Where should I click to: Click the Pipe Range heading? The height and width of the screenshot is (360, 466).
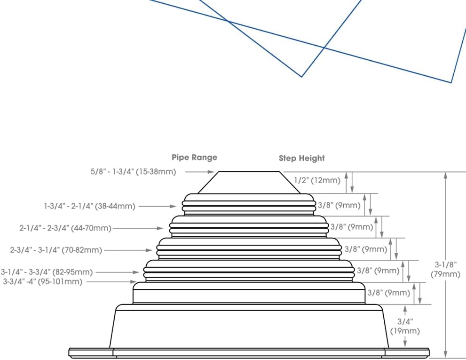click(194, 157)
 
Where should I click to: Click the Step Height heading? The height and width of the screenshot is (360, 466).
click(301, 158)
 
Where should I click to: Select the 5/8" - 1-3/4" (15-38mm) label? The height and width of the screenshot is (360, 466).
click(134, 172)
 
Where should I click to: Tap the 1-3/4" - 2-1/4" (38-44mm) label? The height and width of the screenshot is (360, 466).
click(90, 206)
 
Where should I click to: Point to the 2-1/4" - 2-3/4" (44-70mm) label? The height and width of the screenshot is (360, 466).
click(65, 228)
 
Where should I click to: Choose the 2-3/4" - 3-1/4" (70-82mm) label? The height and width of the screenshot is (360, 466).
click(56, 250)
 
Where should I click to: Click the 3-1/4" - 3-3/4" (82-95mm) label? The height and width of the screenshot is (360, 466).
click(47, 272)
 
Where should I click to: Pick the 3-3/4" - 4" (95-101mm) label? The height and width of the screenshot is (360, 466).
click(42, 281)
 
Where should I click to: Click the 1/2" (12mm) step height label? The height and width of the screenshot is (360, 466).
click(317, 180)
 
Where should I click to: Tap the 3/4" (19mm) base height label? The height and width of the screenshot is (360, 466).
click(405, 326)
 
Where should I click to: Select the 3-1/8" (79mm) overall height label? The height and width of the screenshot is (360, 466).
click(445, 269)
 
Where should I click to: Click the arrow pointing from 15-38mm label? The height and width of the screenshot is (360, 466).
click(199, 172)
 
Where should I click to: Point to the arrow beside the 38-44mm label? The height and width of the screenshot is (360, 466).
click(158, 206)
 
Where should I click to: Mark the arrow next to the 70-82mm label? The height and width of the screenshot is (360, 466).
click(128, 250)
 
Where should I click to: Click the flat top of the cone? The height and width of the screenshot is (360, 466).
click(249, 172)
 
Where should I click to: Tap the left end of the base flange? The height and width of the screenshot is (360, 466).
click(69, 352)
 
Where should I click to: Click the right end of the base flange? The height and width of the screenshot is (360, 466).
click(428, 352)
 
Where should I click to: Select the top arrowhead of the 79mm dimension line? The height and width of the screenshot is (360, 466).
click(445, 176)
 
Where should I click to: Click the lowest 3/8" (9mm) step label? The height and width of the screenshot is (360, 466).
click(389, 293)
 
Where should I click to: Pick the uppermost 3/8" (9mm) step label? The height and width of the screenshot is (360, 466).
click(339, 205)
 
